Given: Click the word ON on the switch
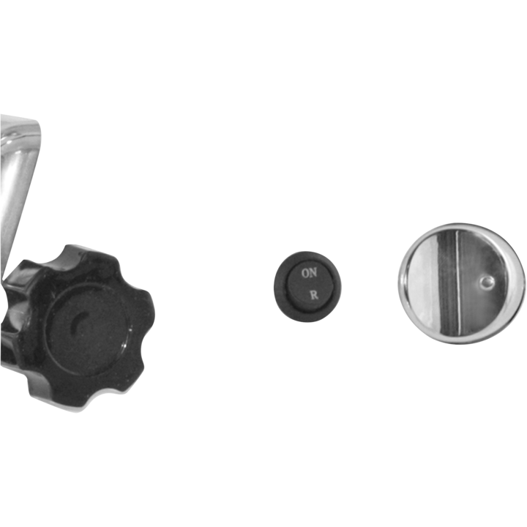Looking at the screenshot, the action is pyautogui.click(x=309, y=273).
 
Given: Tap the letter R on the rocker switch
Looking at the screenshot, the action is pyautogui.click(x=314, y=296).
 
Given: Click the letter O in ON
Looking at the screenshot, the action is pyautogui.click(x=305, y=273).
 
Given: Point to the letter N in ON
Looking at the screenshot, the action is pyautogui.click(x=313, y=272).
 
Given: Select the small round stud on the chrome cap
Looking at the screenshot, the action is pyautogui.click(x=486, y=283).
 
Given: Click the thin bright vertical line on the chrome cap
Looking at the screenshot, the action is pyautogui.click(x=457, y=283).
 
